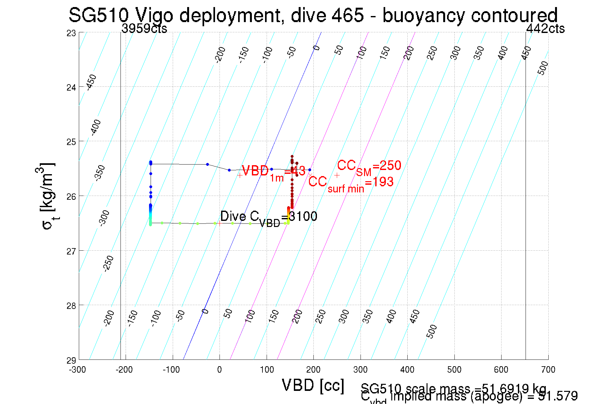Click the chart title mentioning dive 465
pyautogui.click(x=313, y=15)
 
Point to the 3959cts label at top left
pyautogui.click(x=144, y=29)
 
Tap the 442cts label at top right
pyautogui.click(x=545, y=29)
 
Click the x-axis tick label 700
pyautogui.click(x=548, y=370)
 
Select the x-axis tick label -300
pyautogui.click(x=78, y=370)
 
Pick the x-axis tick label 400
pyautogui.click(x=407, y=370)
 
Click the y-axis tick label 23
pyautogui.click(x=71, y=33)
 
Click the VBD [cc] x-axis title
pyautogui.click(x=313, y=385)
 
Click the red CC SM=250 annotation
pyautogui.click(x=369, y=167)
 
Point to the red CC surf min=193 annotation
pyautogui.click(x=351, y=183)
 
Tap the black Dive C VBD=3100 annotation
pyautogui.click(x=269, y=217)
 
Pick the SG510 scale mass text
pyautogui.click(x=453, y=388)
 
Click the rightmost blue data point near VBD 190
pyautogui.click(x=310, y=170)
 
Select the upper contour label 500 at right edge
pyautogui.click(x=543, y=68)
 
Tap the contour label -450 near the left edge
pyautogui.click(x=91, y=82)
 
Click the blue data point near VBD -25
pyautogui.click(x=207, y=165)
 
